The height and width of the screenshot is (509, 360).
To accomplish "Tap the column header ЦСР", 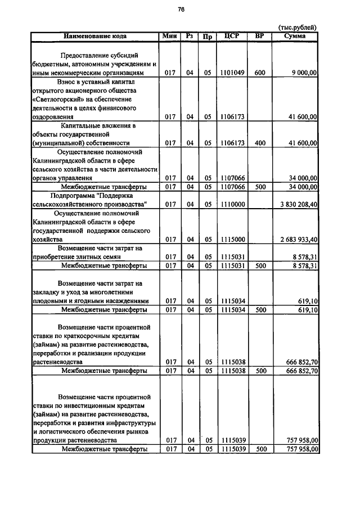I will (232, 36).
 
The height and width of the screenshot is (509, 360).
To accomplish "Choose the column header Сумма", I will (295, 36).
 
